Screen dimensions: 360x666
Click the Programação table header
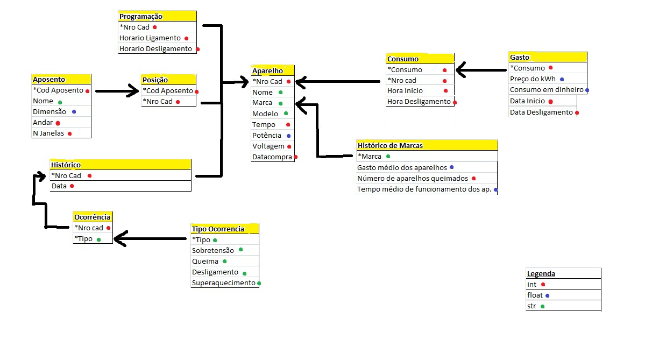tap(141, 17)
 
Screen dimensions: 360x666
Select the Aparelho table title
tap(267, 70)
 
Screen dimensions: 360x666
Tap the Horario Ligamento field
tap(150, 38)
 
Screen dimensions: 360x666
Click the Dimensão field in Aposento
tap(49, 112)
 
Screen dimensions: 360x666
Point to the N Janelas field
tap(48, 133)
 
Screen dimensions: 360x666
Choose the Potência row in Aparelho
tap(267, 135)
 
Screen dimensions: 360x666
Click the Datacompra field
tap(272, 157)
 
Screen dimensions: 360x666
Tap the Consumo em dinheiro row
tap(547, 90)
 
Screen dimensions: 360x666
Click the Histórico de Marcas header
tap(390, 145)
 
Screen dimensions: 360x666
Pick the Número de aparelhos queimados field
tap(413, 178)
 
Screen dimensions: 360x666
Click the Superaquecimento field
tap(224, 283)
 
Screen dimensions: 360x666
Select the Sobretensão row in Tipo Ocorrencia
tap(213, 250)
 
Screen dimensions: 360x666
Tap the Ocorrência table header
tap(92, 217)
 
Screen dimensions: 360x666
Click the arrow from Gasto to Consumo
tap(481, 69)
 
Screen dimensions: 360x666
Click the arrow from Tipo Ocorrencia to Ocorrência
tap(151, 238)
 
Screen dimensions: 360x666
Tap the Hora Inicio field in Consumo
tap(405, 91)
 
